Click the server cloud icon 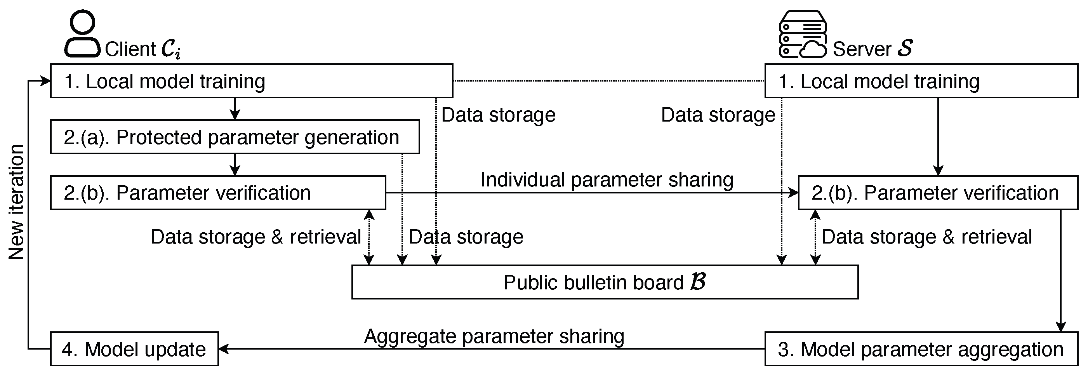pos(803,34)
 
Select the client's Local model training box pos(251,81)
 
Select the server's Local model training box pos(921,81)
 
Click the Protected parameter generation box pos(235,137)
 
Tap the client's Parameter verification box pos(217,193)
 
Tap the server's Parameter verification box pos(938,193)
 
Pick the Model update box pos(134,349)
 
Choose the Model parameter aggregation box pos(921,349)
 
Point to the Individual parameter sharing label pos(607,179)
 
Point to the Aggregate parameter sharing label pos(494,336)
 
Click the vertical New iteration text pos(17,202)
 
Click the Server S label pos(872,49)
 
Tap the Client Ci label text pos(143,49)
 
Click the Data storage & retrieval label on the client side pos(255,237)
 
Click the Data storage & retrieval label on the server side pos(926,237)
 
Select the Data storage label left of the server pos(718,115)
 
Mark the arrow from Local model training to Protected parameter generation pos(235,109)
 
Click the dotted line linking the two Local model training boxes pos(608,80)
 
